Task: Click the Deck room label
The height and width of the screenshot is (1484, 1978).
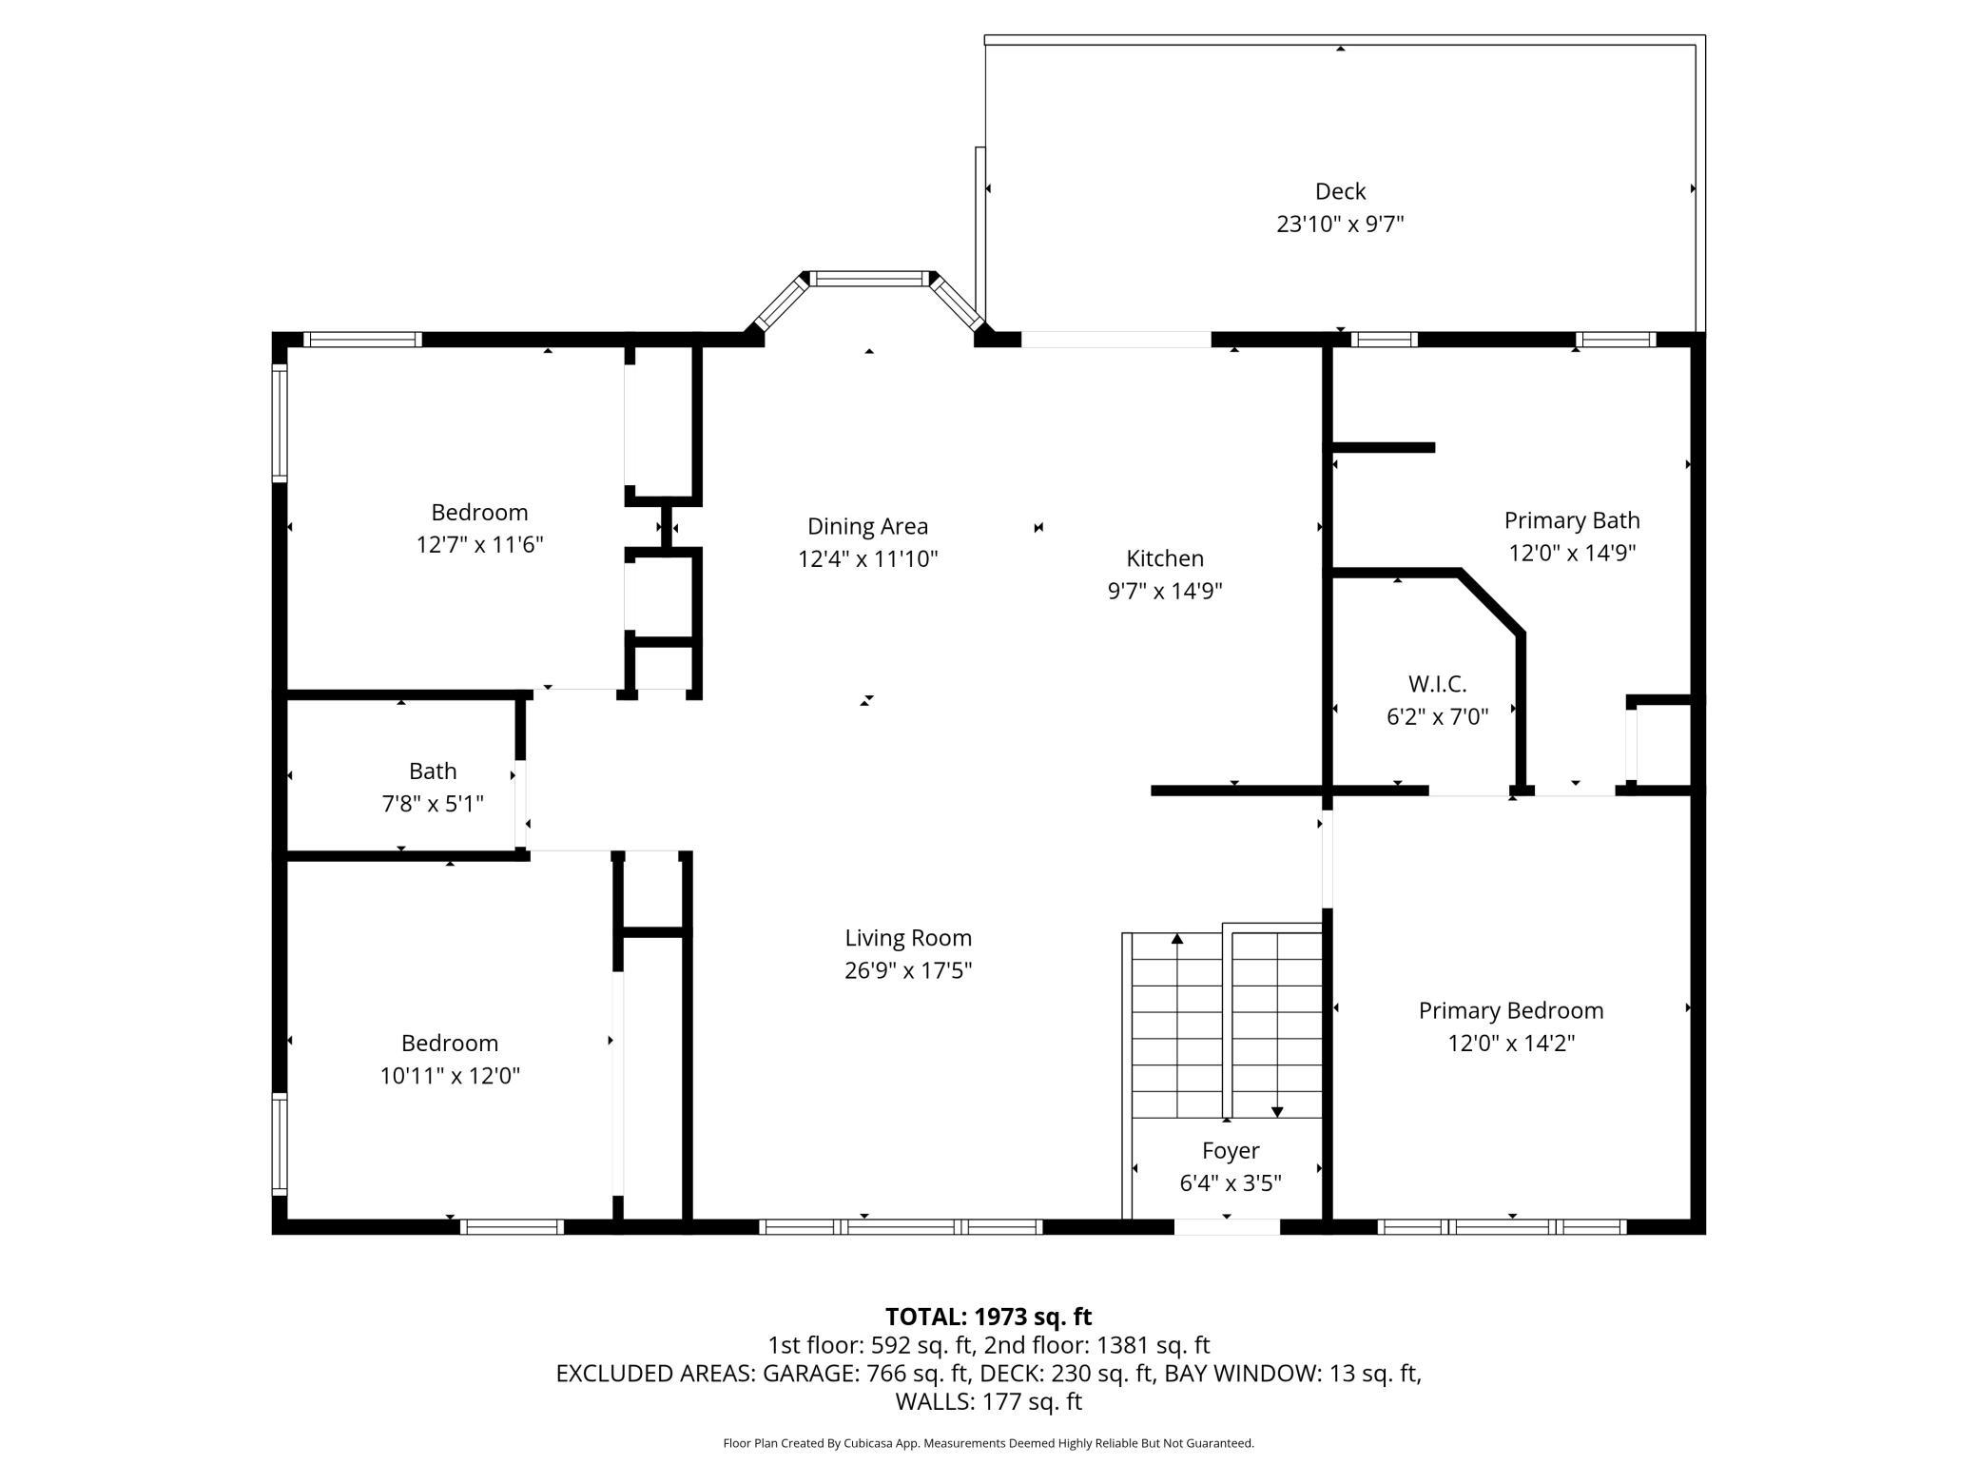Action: (x=1340, y=191)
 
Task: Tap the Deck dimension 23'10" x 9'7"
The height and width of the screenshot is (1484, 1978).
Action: (x=1340, y=224)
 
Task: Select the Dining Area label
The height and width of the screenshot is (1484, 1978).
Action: (x=867, y=526)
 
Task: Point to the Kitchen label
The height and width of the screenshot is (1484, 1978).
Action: (x=1165, y=558)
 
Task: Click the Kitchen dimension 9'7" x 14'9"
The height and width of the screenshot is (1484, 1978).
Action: (x=1165, y=591)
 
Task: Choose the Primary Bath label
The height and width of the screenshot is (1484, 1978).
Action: (x=1572, y=520)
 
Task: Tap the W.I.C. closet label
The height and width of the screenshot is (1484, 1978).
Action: (x=1437, y=684)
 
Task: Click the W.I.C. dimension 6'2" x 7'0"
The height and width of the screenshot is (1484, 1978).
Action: (x=1437, y=716)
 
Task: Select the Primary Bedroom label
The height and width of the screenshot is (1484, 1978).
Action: (x=1511, y=1010)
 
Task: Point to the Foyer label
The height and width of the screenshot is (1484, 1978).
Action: (x=1231, y=1151)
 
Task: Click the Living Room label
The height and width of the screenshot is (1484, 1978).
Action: (x=908, y=938)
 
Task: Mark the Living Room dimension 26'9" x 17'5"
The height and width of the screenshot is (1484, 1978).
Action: (x=908, y=970)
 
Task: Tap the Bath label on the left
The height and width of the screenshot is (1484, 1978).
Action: (x=433, y=771)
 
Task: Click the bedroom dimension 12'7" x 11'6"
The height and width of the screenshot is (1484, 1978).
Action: (x=479, y=545)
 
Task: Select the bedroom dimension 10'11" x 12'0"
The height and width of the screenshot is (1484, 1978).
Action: (x=450, y=1076)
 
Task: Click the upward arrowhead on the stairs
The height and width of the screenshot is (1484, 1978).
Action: (x=1177, y=939)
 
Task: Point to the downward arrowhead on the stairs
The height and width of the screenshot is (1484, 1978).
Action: (x=1277, y=1111)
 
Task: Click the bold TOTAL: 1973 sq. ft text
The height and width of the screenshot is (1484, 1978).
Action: (x=988, y=1317)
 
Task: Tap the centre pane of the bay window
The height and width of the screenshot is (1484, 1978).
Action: (x=869, y=279)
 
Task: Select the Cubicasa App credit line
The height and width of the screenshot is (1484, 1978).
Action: (x=988, y=1443)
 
